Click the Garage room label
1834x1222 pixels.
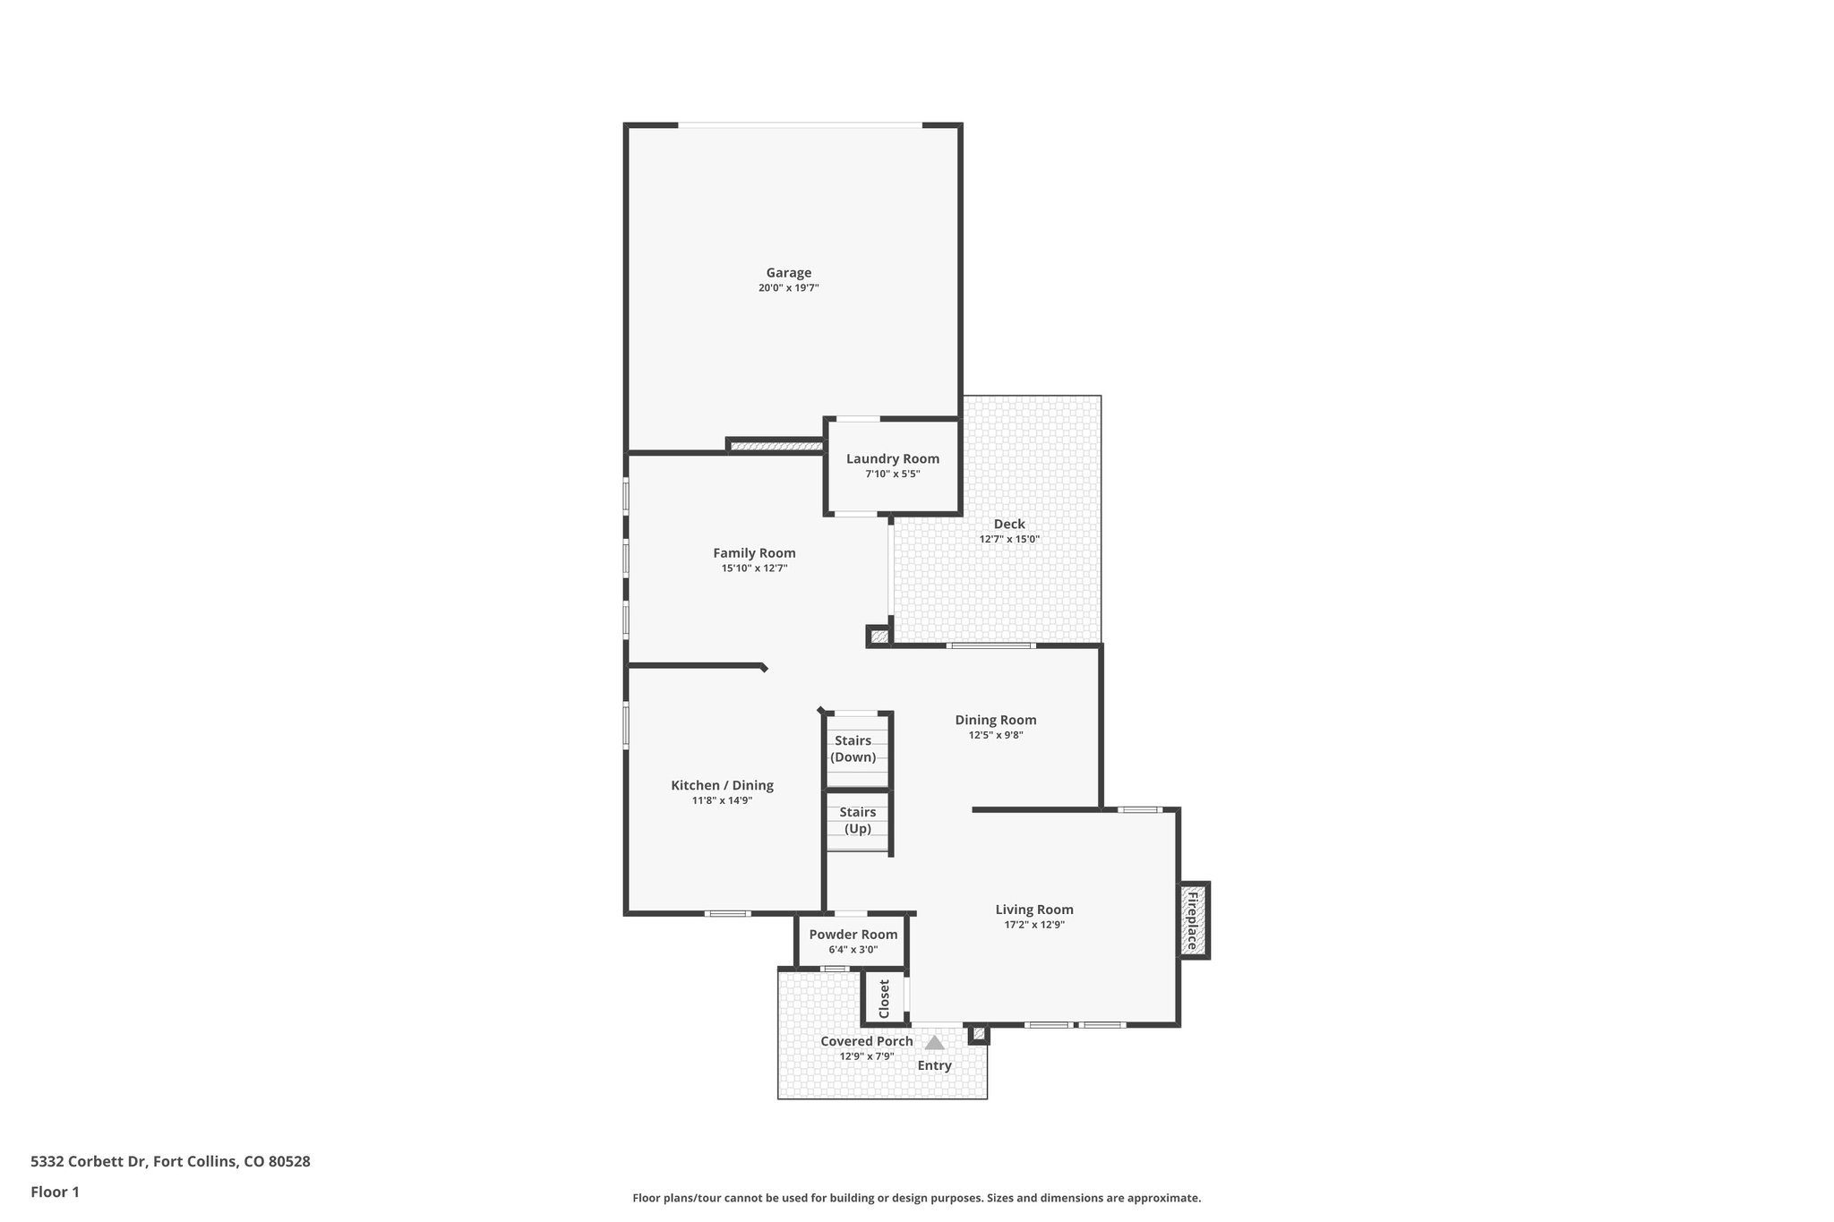click(x=788, y=273)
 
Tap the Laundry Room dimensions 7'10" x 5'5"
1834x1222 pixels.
click(x=892, y=474)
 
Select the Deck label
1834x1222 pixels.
click(x=1009, y=525)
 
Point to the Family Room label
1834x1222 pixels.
click(x=754, y=553)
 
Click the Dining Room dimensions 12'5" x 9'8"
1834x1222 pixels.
click(x=995, y=735)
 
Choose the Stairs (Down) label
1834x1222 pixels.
click(x=853, y=748)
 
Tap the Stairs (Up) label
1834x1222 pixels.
click(x=857, y=820)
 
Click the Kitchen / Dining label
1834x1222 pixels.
click(x=722, y=785)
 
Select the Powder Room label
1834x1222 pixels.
click(x=853, y=935)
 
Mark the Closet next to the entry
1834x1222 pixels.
click(x=884, y=998)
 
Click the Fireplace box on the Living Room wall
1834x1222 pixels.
click(x=1193, y=920)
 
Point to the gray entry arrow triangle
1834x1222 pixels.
click(x=934, y=1043)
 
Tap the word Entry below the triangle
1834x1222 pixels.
click(x=934, y=1065)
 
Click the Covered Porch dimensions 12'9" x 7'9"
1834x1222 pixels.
click(x=866, y=1056)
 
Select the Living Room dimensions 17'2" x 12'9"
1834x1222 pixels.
click(x=1033, y=925)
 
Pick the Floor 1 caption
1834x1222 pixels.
click(x=55, y=1192)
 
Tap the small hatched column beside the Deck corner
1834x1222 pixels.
click(x=878, y=637)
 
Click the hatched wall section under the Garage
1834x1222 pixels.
click(x=776, y=445)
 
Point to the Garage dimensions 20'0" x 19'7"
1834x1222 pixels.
click(x=788, y=288)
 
